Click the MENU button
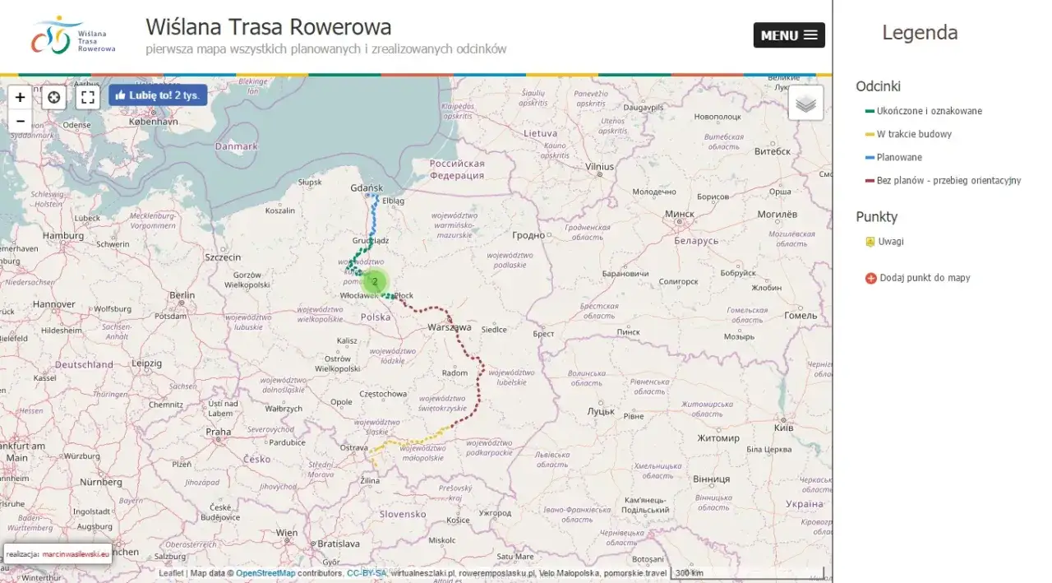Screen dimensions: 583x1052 (x=789, y=35)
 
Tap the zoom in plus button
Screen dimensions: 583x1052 (x=21, y=97)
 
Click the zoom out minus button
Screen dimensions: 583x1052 (x=21, y=121)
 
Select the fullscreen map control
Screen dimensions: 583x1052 (x=88, y=98)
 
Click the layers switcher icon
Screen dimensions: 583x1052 (x=805, y=104)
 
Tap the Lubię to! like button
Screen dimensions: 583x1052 (x=158, y=95)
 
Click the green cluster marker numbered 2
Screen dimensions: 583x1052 (x=375, y=281)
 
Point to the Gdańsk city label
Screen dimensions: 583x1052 (x=367, y=188)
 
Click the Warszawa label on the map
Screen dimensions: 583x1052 (x=450, y=327)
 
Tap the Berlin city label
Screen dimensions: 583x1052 (x=182, y=295)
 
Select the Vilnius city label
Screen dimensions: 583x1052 (x=599, y=166)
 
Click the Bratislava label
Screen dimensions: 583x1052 (x=339, y=544)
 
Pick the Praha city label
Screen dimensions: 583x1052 (x=218, y=432)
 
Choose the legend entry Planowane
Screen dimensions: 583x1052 (x=899, y=157)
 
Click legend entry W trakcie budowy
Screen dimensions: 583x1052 (x=914, y=134)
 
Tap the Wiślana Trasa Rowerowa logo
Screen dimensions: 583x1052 (x=73, y=35)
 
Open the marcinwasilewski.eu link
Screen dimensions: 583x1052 (x=76, y=554)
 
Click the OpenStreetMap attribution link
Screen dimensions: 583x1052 (x=265, y=573)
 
